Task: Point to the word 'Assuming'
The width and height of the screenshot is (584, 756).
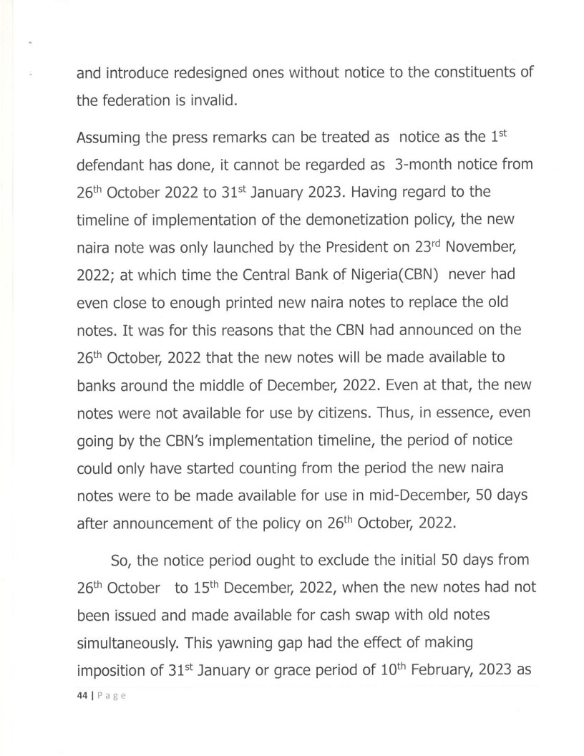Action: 106,138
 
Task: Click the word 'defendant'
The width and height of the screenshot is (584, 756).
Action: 113,166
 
